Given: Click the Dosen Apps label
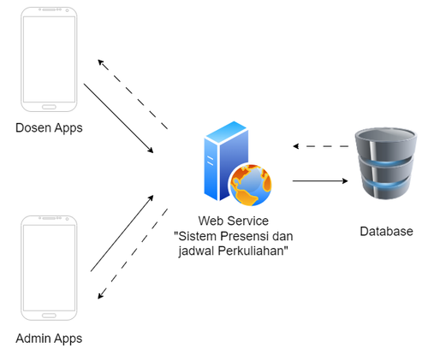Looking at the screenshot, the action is pyautogui.click(x=49, y=128).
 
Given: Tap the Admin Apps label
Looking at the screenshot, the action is pyautogui.click(x=49, y=339).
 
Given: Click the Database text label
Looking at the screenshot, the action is pyautogui.click(x=386, y=231).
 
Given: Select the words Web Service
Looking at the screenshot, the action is pyautogui.click(x=234, y=221).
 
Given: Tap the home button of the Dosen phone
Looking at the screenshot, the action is pyautogui.click(x=49, y=107).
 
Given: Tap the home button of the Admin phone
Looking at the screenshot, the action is pyautogui.click(x=49, y=316).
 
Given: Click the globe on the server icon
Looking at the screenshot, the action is pyautogui.click(x=251, y=185).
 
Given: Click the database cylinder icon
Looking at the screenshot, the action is pyautogui.click(x=386, y=163).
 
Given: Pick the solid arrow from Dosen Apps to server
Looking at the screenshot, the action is pyautogui.click(x=118, y=118).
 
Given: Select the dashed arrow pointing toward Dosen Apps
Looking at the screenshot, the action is pyautogui.click(x=133, y=94).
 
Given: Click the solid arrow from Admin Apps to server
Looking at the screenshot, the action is pyautogui.click(x=122, y=233).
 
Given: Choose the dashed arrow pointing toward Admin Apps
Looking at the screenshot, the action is pyautogui.click(x=133, y=254).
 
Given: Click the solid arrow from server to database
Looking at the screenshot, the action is pyautogui.click(x=320, y=180).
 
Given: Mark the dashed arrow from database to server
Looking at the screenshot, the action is pyautogui.click(x=321, y=146).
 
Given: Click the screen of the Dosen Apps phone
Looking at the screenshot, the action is pyautogui.click(x=49, y=59).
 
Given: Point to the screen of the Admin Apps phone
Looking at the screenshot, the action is pyautogui.click(x=49, y=268).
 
